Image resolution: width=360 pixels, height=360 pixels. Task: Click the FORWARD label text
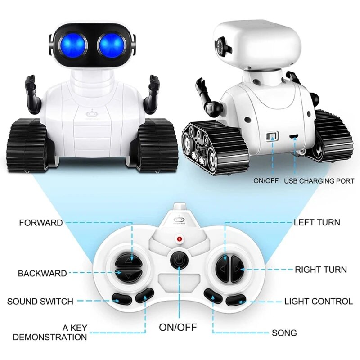(x=40, y=223)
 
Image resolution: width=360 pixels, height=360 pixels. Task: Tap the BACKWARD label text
(x=42, y=273)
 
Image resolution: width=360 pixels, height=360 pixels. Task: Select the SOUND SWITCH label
(x=40, y=301)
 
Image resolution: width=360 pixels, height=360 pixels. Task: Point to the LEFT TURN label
(x=317, y=222)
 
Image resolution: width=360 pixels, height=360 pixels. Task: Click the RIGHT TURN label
(x=321, y=270)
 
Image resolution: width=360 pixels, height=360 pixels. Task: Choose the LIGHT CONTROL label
(x=319, y=301)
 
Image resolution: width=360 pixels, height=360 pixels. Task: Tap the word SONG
(x=284, y=333)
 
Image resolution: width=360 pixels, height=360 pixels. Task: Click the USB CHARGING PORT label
(x=319, y=181)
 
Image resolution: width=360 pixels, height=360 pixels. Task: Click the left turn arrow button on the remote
(x=222, y=269)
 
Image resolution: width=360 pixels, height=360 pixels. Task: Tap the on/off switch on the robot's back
(x=272, y=136)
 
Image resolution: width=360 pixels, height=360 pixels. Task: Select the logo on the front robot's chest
(x=91, y=113)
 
